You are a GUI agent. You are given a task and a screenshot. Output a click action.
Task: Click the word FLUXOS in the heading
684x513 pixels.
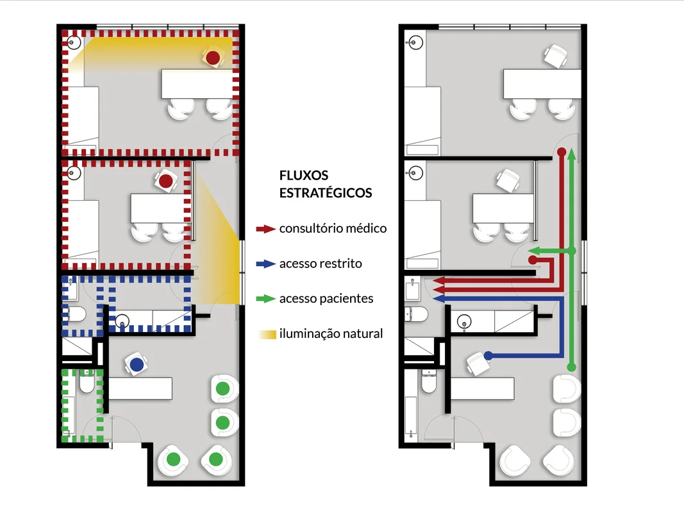[304, 175]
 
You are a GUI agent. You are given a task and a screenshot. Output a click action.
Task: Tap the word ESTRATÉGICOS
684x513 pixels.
[326, 193]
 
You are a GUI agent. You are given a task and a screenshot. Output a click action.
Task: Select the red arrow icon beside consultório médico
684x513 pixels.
[265, 228]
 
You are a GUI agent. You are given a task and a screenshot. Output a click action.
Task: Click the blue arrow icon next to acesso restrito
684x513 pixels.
[265, 264]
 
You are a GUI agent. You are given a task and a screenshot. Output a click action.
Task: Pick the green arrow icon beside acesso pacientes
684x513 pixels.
[265, 299]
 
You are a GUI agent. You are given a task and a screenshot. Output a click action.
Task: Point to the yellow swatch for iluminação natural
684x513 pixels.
[267, 335]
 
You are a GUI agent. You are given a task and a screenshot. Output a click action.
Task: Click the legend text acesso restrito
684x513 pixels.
[321, 264]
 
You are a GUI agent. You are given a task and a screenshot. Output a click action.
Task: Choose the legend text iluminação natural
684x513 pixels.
[331, 333]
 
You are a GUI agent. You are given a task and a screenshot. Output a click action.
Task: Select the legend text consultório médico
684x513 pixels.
[333, 228]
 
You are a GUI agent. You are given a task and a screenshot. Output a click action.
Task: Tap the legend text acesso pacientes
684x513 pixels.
[326, 299]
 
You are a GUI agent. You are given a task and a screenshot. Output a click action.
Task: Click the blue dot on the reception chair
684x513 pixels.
[137, 365]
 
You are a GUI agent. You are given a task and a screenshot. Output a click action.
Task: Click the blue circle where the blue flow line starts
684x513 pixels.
[488, 355]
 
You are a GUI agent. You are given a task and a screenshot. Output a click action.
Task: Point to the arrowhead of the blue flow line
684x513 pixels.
[438, 299]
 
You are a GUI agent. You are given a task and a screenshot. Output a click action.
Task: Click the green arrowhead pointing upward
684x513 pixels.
[571, 153]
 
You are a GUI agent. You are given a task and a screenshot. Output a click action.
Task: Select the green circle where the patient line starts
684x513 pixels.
[571, 367]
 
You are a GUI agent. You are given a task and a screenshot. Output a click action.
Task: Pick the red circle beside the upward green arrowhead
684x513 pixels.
[562, 152]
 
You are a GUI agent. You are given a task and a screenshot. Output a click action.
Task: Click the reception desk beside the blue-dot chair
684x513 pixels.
[140, 389]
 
